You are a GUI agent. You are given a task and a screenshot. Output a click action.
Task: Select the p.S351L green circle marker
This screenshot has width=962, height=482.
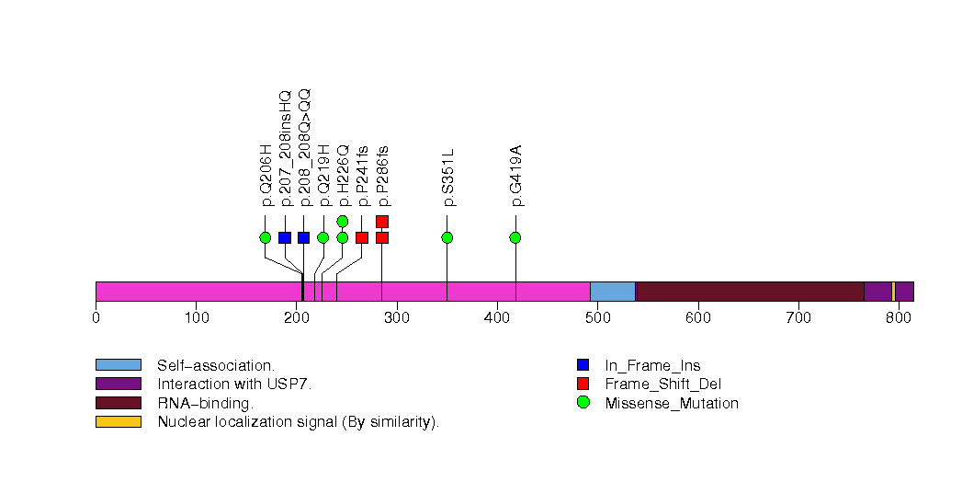(447, 237)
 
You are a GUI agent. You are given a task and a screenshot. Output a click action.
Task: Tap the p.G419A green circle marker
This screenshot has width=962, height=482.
(515, 237)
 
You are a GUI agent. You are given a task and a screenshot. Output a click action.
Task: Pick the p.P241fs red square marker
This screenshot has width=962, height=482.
(362, 237)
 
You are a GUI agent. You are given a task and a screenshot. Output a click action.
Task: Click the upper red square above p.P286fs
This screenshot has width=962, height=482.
(382, 221)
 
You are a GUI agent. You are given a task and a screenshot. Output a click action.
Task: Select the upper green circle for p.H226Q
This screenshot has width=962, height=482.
(343, 221)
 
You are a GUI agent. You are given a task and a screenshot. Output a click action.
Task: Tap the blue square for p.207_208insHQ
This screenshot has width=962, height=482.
(285, 237)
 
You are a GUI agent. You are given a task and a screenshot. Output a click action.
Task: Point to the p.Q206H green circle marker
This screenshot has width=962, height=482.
(266, 237)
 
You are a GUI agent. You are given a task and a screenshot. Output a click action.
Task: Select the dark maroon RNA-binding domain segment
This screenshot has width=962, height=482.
(750, 292)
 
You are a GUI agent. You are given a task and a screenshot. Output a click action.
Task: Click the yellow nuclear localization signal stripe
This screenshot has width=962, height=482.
(893, 292)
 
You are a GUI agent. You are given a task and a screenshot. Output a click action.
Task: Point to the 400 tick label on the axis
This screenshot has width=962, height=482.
(497, 318)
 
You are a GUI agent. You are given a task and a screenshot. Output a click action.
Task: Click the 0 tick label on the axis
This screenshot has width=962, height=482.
(96, 318)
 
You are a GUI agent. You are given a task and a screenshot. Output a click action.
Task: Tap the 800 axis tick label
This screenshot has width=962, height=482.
(899, 318)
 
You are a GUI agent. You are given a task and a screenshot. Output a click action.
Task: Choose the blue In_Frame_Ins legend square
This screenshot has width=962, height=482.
(583, 364)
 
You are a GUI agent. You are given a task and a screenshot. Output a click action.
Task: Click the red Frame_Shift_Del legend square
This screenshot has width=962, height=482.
(583, 384)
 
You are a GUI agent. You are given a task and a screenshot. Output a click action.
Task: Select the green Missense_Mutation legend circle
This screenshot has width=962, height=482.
(583, 403)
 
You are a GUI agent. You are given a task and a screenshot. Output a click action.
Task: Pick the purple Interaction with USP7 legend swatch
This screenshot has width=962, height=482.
(118, 384)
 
